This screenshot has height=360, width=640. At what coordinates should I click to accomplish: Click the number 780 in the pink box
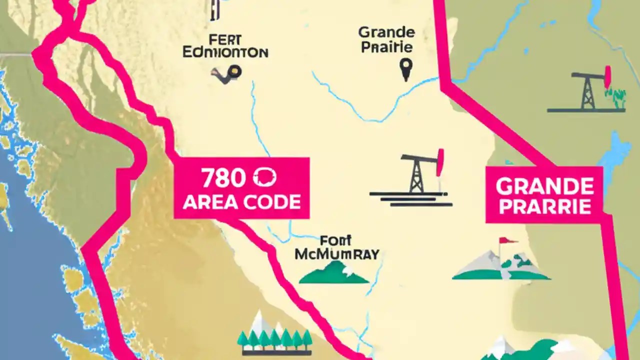pyautogui.click(x=223, y=178)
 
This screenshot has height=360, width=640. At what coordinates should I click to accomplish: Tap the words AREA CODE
pyautogui.click(x=242, y=202)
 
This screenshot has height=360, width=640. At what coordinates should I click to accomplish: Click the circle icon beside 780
pyautogui.click(x=265, y=178)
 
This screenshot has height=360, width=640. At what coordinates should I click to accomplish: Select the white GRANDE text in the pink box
pyautogui.click(x=545, y=186)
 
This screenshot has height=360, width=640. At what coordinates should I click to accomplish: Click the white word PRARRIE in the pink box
pyautogui.click(x=545, y=206)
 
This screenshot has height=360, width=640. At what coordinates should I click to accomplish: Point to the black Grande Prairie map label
pyautogui.click(x=386, y=40)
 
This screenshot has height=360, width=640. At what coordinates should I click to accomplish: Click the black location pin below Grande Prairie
pyautogui.click(x=406, y=69)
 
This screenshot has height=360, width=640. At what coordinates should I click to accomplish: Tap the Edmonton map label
pyautogui.click(x=225, y=52)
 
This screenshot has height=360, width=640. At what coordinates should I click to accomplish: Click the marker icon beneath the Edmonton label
pyautogui.click(x=228, y=74)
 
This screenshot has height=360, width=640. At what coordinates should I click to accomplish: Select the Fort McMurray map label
pyautogui.click(x=336, y=247)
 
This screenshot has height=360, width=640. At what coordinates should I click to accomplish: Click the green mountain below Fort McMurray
pyautogui.click(x=333, y=273)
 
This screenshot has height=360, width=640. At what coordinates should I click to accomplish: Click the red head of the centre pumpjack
pyautogui.click(x=440, y=162)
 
